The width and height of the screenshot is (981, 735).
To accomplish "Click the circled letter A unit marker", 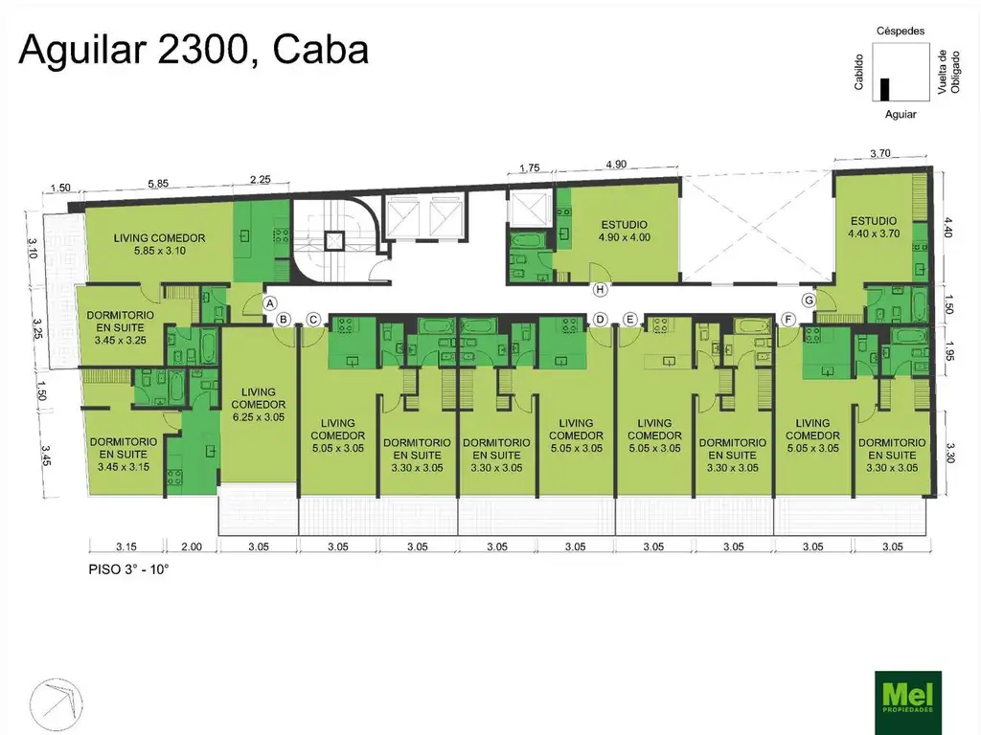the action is pyautogui.click(x=269, y=303).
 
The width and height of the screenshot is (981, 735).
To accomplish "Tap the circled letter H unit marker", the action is pyautogui.click(x=601, y=289).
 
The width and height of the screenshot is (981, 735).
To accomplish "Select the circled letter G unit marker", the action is pyautogui.click(x=809, y=300).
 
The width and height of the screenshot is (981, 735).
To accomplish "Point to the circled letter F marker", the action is pyautogui.click(x=788, y=320).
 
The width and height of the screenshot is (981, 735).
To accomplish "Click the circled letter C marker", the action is pyautogui.click(x=313, y=320).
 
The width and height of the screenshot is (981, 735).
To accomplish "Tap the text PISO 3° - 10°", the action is pyautogui.click(x=129, y=569).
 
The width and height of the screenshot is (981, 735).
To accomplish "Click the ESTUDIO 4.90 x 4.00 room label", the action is pyautogui.click(x=625, y=231).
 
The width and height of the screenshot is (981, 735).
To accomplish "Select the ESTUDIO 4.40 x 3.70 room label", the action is pyautogui.click(x=874, y=227).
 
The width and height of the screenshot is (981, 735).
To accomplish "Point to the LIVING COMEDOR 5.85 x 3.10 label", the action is pyautogui.click(x=160, y=244).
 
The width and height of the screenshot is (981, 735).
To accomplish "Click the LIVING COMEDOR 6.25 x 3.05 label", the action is pyautogui.click(x=259, y=405).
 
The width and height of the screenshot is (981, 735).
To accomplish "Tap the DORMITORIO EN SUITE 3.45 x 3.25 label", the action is pyautogui.click(x=120, y=327).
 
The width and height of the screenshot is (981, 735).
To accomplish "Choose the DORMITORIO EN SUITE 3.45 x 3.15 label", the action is pyautogui.click(x=124, y=454).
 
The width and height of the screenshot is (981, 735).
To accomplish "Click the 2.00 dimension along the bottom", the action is pyautogui.click(x=192, y=546).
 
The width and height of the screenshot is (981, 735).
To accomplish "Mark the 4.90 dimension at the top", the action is pyautogui.click(x=616, y=165).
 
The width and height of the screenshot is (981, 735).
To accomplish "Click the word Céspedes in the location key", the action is pyautogui.click(x=901, y=31).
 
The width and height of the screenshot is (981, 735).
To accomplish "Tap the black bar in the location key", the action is pyautogui.click(x=884, y=89).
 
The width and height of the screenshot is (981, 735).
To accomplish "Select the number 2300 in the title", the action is pyautogui.click(x=203, y=50).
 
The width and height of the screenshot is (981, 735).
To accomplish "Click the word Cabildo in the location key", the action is pyautogui.click(x=859, y=72).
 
